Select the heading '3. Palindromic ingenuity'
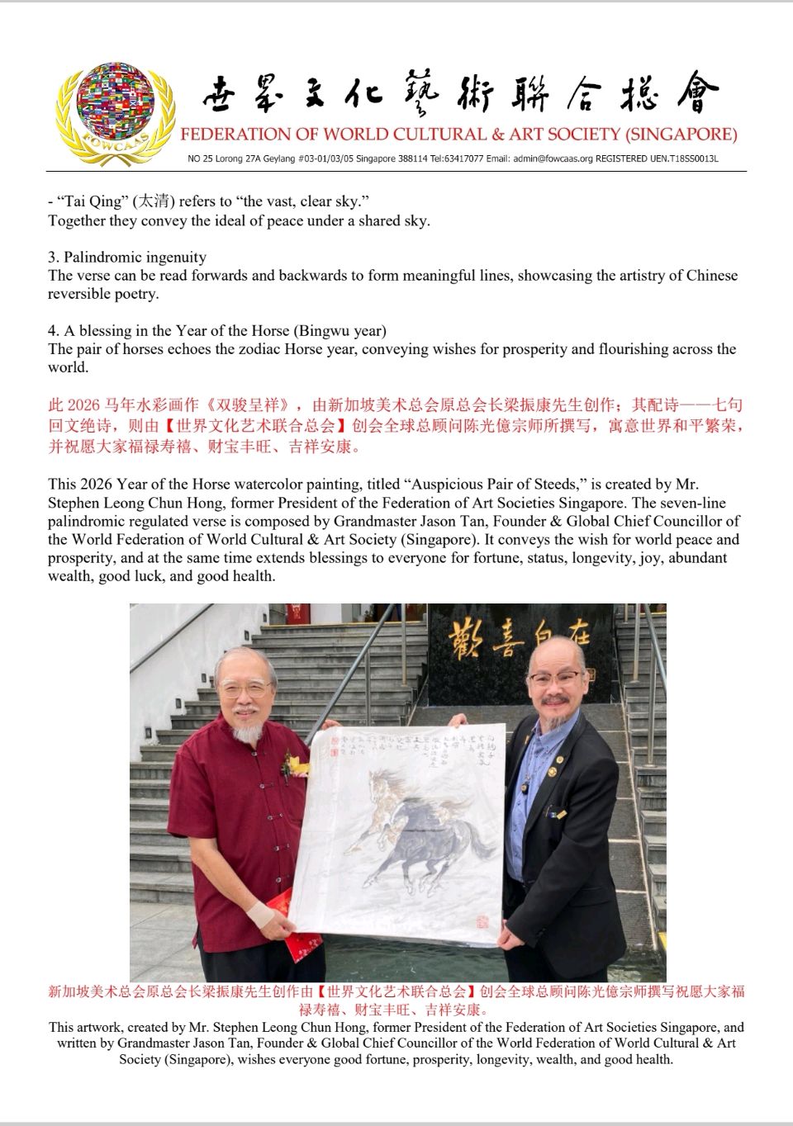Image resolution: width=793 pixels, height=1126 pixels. (x=127, y=257)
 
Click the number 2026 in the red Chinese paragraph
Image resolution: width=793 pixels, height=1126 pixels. (x=83, y=405)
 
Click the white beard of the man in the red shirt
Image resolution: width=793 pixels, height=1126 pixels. (x=245, y=729)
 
